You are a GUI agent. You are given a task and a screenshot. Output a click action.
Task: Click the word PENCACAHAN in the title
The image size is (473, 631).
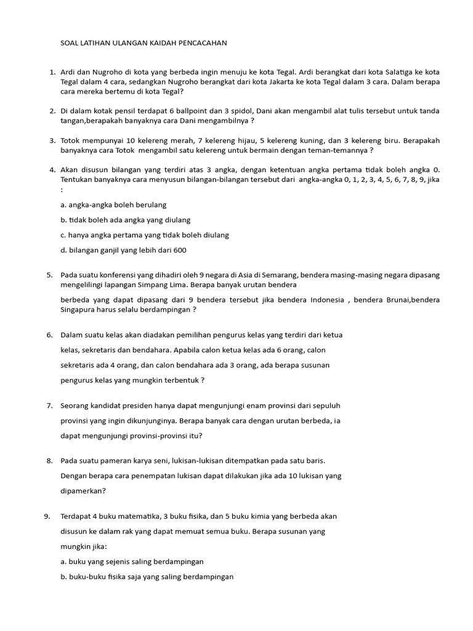[203, 43]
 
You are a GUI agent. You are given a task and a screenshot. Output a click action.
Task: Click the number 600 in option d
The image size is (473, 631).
[179, 250]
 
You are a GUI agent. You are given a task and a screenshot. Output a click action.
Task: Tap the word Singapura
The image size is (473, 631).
[78, 310]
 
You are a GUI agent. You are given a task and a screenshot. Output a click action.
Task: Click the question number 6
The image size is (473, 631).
[49, 335]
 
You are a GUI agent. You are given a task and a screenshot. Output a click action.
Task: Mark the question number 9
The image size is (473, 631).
[47, 516]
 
